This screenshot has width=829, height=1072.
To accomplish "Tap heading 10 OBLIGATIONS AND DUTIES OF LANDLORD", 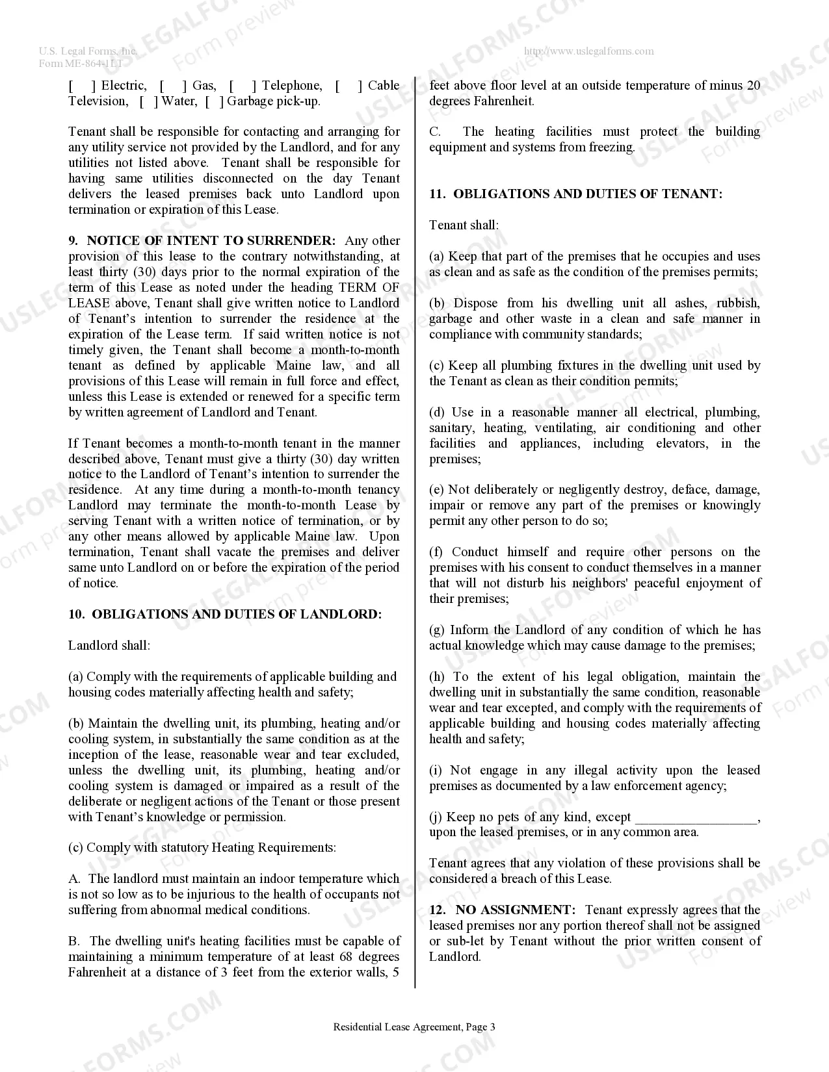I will (225, 615).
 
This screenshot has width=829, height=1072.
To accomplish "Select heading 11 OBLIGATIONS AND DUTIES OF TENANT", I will (575, 194).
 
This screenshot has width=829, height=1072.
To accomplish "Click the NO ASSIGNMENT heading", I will (514, 910).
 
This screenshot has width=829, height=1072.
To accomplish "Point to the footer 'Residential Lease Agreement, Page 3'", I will (414, 1027).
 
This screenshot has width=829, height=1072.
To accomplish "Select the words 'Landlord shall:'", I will (109, 646).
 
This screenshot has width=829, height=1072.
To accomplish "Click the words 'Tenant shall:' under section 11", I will (464, 225).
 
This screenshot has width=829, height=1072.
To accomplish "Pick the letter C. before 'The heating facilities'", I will (435, 132).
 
